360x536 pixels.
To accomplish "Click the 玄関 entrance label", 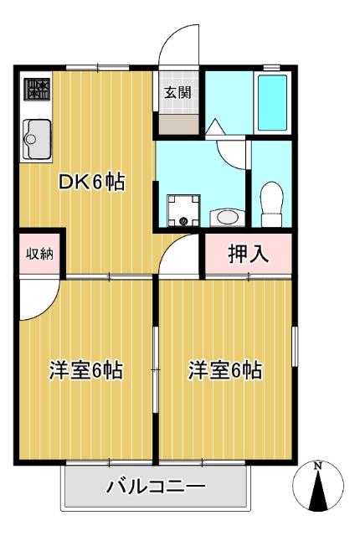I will pyautogui.click(x=176, y=92).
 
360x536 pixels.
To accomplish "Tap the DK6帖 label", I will pyautogui.click(x=91, y=183).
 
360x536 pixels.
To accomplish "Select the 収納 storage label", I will pyautogui.click(x=39, y=253).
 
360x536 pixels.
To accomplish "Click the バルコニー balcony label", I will pyautogui.click(x=156, y=487).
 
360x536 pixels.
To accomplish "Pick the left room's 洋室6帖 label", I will pyautogui.click(x=86, y=369).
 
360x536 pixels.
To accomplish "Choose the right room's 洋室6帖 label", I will pyautogui.click(x=225, y=369).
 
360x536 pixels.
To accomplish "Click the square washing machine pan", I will pyautogui.click(x=183, y=210).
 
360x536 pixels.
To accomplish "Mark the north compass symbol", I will pyautogui.click(x=318, y=489).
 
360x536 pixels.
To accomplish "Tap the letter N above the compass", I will pyautogui.click(x=318, y=466).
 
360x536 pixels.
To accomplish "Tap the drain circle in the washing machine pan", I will pyautogui.click(x=183, y=221).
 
